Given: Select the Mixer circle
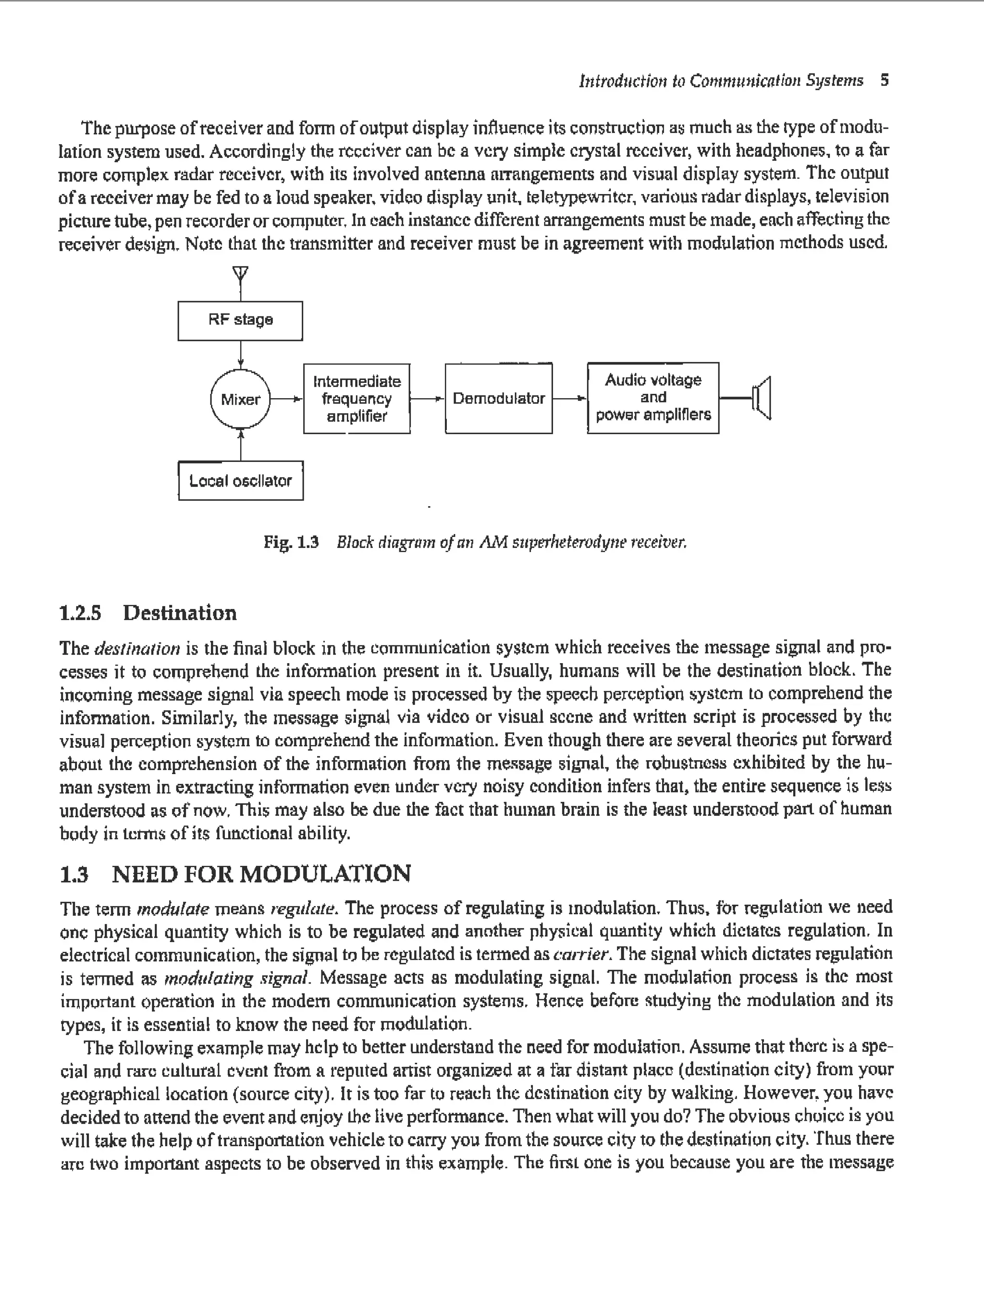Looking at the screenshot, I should point(240,399).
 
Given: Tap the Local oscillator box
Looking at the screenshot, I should point(240,481).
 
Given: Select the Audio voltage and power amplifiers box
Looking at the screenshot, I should point(653,398).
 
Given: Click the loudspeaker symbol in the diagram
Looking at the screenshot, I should point(762,398).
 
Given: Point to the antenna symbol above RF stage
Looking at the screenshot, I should point(240,274).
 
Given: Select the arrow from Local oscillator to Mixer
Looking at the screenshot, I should point(241,446).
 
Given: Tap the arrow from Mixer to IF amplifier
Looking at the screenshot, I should point(286,399).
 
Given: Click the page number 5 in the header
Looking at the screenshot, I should point(885,80).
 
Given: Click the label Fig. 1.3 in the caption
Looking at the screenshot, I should point(291,542).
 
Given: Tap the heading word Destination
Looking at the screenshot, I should point(180,612).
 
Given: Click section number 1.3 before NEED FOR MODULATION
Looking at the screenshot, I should point(75,874).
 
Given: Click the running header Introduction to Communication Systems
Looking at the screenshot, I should point(721,80).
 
